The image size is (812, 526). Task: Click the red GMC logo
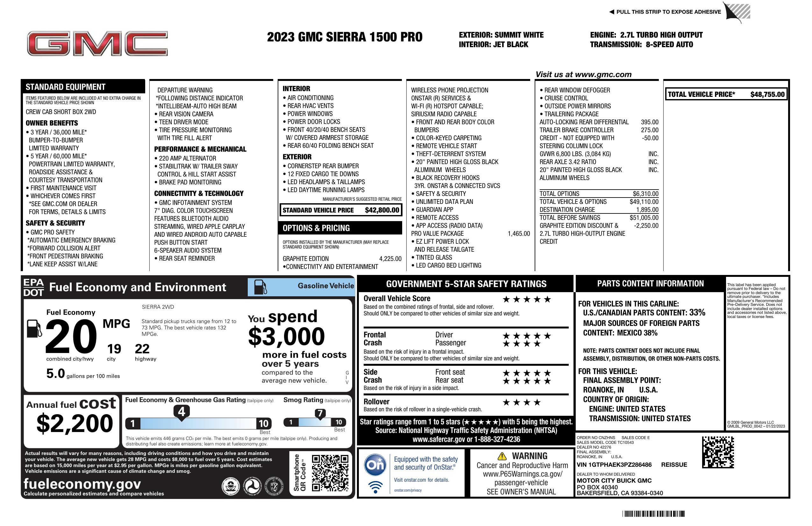(x=97, y=43)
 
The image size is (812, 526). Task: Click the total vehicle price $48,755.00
(x=767, y=95)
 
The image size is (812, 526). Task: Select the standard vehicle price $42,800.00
(x=382, y=210)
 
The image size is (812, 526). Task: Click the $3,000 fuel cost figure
(x=286, y=336)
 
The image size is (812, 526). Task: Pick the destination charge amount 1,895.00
(x=647, y=210)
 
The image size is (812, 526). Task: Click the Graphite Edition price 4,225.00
(x=390, y=259)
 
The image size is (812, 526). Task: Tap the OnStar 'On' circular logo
(x=375, y=465)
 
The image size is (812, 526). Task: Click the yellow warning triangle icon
(x=502, y=456)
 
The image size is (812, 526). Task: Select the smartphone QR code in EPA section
(x=330, y=473)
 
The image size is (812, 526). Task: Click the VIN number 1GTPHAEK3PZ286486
(x=614, y=465)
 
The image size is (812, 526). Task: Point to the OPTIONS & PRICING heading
(x=316, y=228)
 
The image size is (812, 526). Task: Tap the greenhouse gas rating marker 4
(x=182, y=412)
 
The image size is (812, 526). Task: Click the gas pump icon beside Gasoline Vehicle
(x=260, y=287)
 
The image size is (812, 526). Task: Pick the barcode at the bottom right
(x=653, y=514)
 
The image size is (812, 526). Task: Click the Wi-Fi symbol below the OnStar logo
(x=375, y=487)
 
